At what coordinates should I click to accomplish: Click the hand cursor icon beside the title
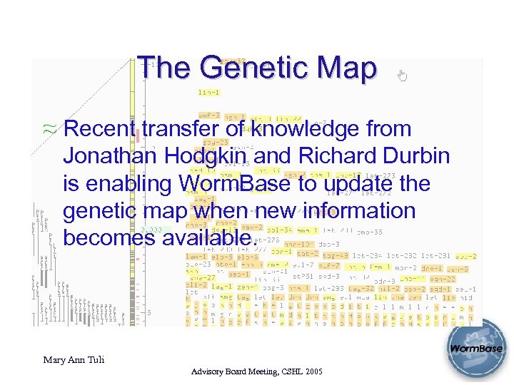(402, 75)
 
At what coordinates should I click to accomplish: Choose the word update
(362, 184)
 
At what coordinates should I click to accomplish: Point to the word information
(363, 211)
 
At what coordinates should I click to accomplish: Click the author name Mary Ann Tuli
(74, 360)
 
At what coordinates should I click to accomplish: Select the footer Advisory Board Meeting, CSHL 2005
(257, 372)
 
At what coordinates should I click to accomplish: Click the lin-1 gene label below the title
(208, 93)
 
